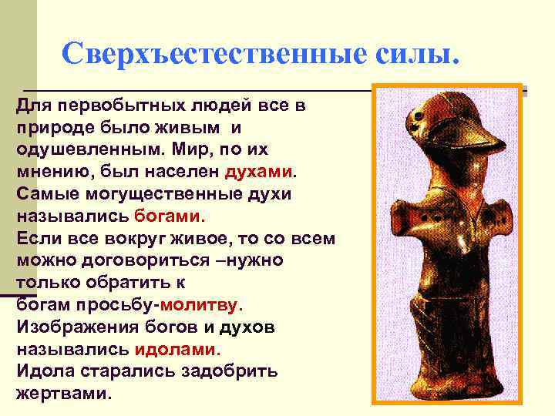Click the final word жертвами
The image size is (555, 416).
pos(63,393)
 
